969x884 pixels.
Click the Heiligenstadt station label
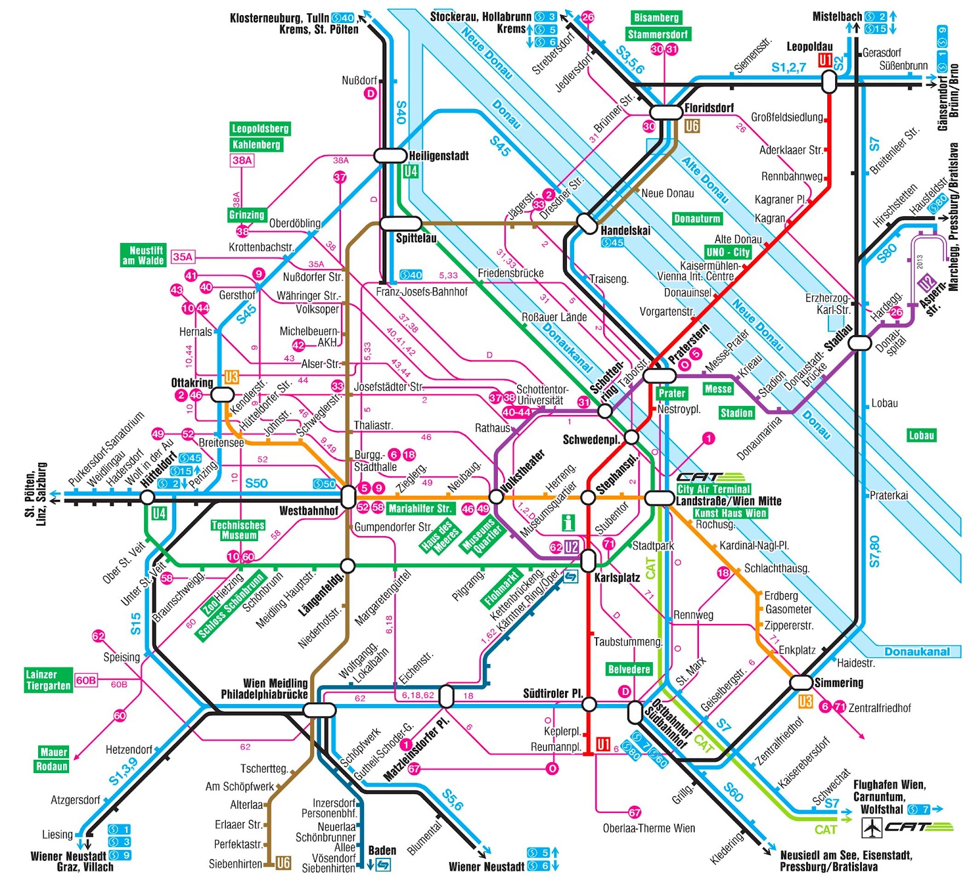[x=438, y=156]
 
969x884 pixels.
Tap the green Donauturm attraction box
[x=697, y=219]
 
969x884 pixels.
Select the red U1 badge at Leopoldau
[x=825, y=60]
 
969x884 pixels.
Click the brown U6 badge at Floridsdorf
[x=692, y=126]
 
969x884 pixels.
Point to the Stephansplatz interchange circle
[x=588, y=497]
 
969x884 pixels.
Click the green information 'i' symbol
[x=568, y=522]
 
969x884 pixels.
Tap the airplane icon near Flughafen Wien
[x=871, y=827]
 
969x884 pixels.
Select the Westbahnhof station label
[x=308, y=511]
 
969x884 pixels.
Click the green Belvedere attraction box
[x=629, y=670]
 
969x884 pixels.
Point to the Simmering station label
[x=839, y=683]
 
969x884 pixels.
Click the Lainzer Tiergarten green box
[x=48, y=680]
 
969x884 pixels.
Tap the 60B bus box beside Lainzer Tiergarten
[x=86, y=680]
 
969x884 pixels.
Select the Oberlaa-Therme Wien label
[x=649, y=828]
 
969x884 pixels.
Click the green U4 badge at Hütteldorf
[x=159, y=514]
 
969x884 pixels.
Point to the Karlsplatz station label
[x=617, y=577]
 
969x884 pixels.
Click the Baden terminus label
[x=382, y=850]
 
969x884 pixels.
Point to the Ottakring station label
[x=192, y=383]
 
